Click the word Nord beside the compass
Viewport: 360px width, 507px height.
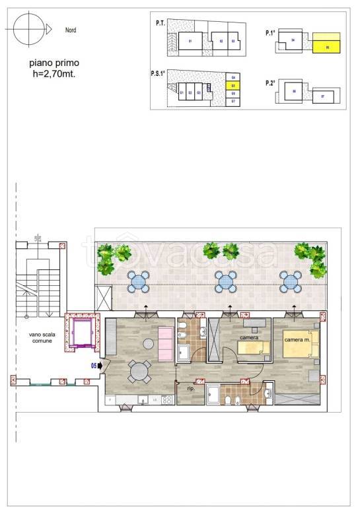tap(71, 30)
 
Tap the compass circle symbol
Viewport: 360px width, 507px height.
tap(29, 28)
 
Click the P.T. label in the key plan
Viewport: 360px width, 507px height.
tap(160, 23)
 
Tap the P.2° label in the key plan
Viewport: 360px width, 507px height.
tap(270, 83)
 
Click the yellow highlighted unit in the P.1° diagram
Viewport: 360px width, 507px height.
tap(326, 44)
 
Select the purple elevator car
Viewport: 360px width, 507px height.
tap(83, 333)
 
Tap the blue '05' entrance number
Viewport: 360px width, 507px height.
tap(94, 364)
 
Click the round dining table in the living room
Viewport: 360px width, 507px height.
tap(139, 372)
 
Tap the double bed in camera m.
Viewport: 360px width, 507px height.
tap(300, 347)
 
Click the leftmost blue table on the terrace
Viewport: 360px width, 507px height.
tap(138, 282)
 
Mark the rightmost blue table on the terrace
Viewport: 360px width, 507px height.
tap(290, 283)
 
